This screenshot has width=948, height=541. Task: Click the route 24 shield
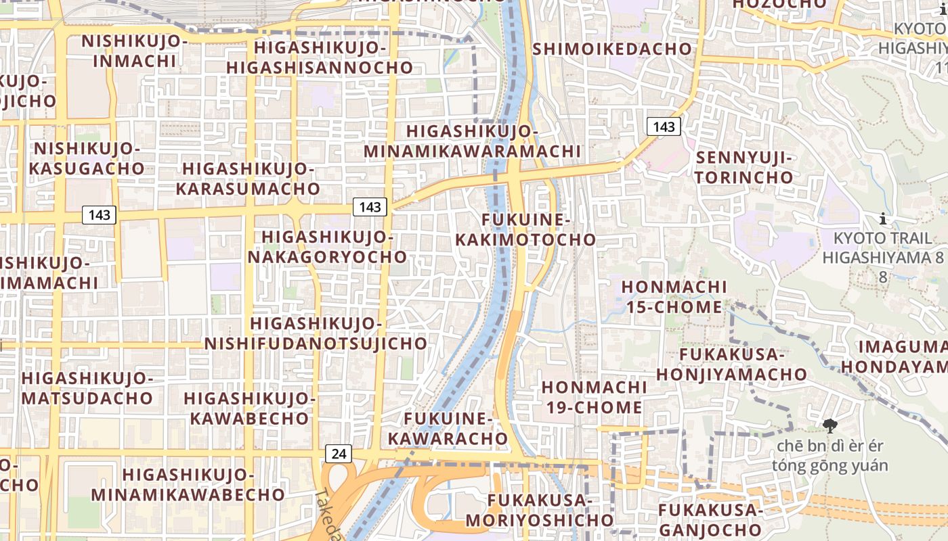coord(339,453)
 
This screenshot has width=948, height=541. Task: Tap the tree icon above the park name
coord(829,425)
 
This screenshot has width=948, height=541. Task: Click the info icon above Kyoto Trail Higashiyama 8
coord(883,218)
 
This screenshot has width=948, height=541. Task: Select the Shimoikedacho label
coord(612,49)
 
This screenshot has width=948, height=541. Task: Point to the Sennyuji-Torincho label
coord(744,168)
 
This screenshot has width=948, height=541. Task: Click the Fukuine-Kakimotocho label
coord(525,230)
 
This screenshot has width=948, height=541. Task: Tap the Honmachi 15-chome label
coord(674,297)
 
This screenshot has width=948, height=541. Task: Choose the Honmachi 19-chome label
coord(592,397)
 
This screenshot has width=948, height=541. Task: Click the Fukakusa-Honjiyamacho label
coord(731,364)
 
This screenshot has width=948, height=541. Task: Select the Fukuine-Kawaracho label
coord(447,428)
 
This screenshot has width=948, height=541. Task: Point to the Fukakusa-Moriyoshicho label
coord(539,510)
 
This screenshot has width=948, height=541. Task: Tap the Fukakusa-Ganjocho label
coord(710,519)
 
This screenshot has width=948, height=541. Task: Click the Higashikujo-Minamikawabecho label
coord(188,484)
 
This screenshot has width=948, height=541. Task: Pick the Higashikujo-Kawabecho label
coord(249,408)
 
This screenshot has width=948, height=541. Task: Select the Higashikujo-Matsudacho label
coord(87,387)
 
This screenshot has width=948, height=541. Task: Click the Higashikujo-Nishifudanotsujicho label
coord(316,333)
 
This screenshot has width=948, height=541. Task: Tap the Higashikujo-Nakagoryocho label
coord(327,247)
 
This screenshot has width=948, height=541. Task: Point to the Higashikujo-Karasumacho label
coord(248,179)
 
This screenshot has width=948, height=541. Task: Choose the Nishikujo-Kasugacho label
coord(87,158)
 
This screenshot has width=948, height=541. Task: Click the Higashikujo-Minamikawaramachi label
coord(473,141)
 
